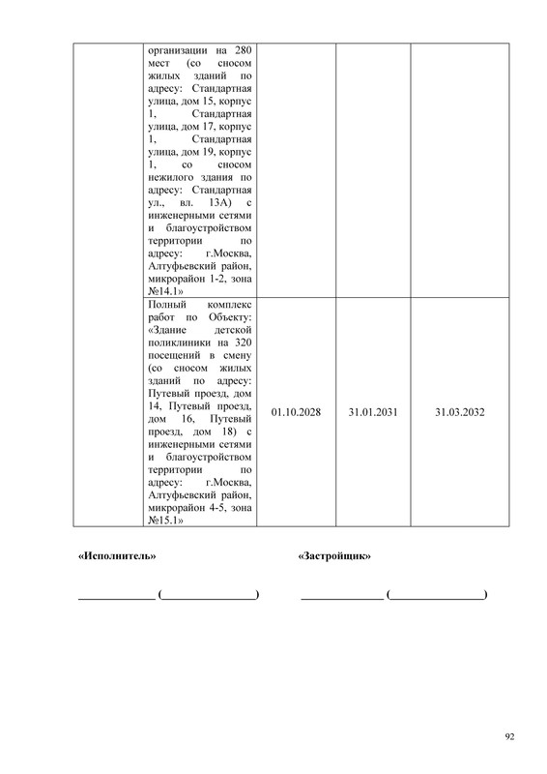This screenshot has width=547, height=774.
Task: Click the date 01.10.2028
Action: click(297, 412)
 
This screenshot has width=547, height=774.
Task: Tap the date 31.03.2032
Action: click(459, 412)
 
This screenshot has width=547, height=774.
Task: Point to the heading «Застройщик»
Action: click(335, 557)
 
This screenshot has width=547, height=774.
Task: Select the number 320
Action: click(243, 342)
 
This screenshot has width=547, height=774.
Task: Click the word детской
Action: click(232, 329)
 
